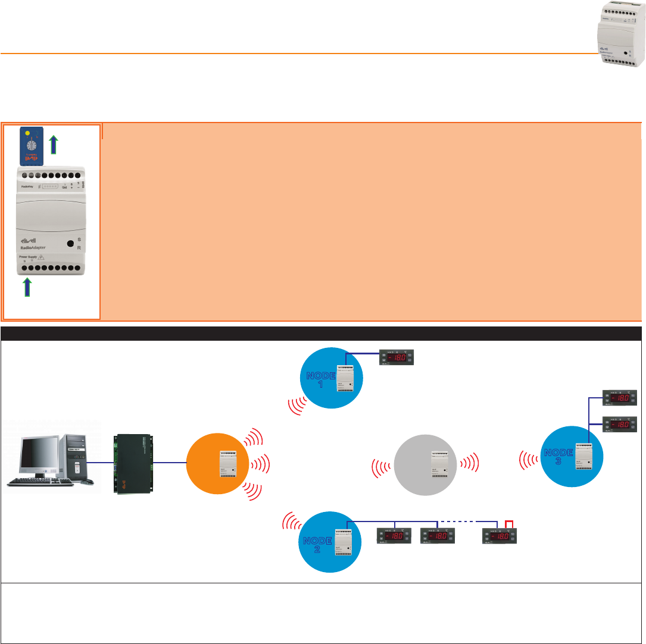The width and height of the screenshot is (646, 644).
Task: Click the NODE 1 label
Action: [321, 379]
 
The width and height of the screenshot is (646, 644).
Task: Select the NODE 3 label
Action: [558, 458]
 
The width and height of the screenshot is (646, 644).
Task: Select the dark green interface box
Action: [132, 462]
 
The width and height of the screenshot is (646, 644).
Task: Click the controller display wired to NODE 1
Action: [397, 358]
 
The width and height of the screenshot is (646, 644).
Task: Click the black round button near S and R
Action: [70, 244]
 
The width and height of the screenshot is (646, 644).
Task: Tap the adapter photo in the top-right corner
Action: [620, 35]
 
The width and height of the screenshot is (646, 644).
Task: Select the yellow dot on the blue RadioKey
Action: [27, 133]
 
